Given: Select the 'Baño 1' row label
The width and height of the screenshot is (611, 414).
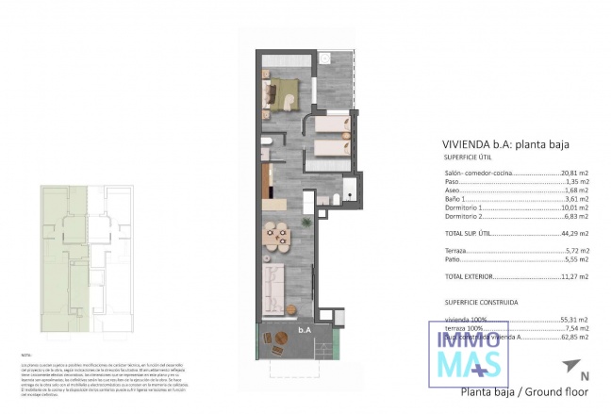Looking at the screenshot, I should tap(454, 199).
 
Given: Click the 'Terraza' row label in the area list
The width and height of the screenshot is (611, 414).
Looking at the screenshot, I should tap(455, 251).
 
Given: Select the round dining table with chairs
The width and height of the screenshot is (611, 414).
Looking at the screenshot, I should tap(277, 232).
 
